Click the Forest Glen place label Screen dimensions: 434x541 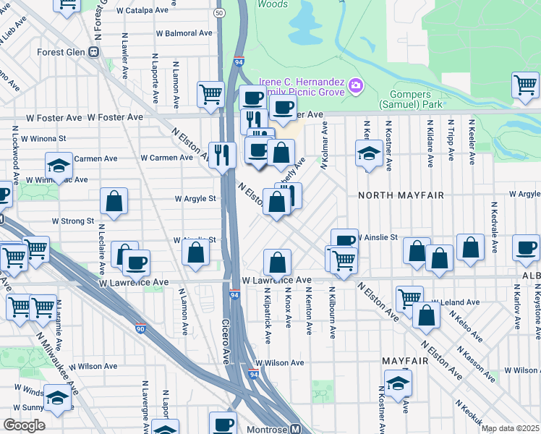60,51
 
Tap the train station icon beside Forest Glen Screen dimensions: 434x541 93,51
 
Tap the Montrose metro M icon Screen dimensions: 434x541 294,429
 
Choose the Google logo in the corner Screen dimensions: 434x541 24,425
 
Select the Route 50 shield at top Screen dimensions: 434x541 219,13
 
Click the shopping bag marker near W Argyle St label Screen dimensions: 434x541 114,202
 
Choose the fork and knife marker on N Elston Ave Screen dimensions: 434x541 223,154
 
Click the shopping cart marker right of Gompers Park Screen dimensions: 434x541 526,85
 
